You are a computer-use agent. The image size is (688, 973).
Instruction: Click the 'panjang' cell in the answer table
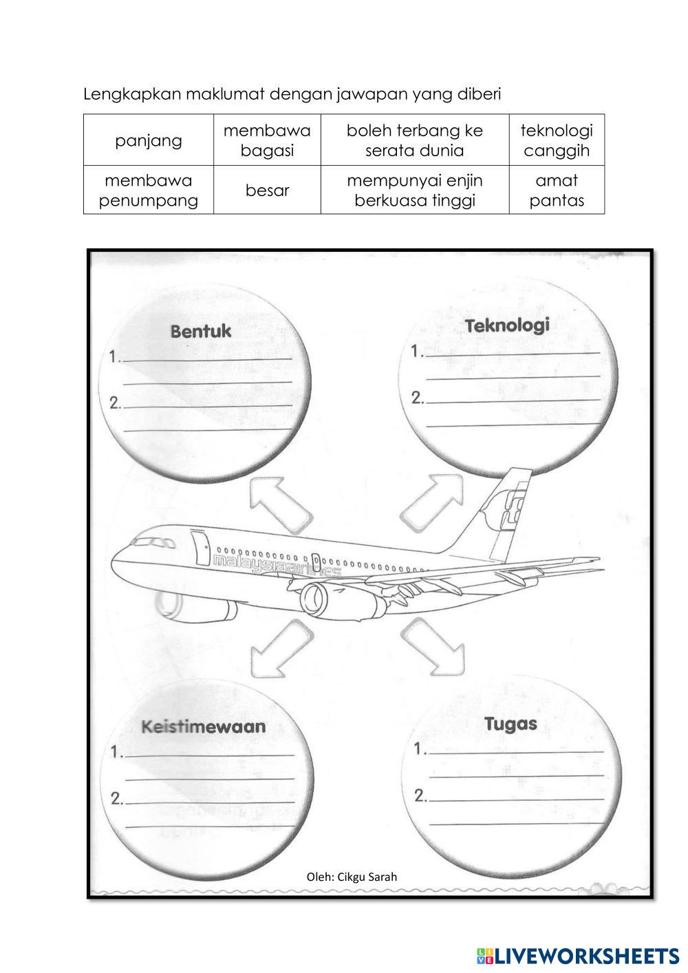tap(148, 140)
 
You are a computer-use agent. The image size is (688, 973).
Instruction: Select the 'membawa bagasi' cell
tap(267, 140)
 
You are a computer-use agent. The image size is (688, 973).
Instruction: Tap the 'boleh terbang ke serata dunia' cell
tap(414, 140)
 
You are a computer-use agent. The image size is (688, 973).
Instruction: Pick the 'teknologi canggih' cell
tap(557, 140)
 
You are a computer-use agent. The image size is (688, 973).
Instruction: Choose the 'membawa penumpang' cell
tap(148, 191)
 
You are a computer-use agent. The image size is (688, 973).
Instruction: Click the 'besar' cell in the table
tap(267, 191)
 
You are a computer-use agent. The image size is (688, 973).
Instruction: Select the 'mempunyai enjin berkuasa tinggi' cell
tap(414, 191)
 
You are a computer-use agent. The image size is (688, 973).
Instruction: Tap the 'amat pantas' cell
tap(557, 191)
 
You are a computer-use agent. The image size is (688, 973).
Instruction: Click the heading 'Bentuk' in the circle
tap(201, 332)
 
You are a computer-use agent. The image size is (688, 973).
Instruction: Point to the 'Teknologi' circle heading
tap(507, 325)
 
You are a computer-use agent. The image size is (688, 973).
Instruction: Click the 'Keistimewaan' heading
tap(203, 727)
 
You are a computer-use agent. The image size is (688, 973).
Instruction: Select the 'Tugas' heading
tap(510, 724)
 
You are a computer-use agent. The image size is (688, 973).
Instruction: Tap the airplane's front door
tap(201, 547)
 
